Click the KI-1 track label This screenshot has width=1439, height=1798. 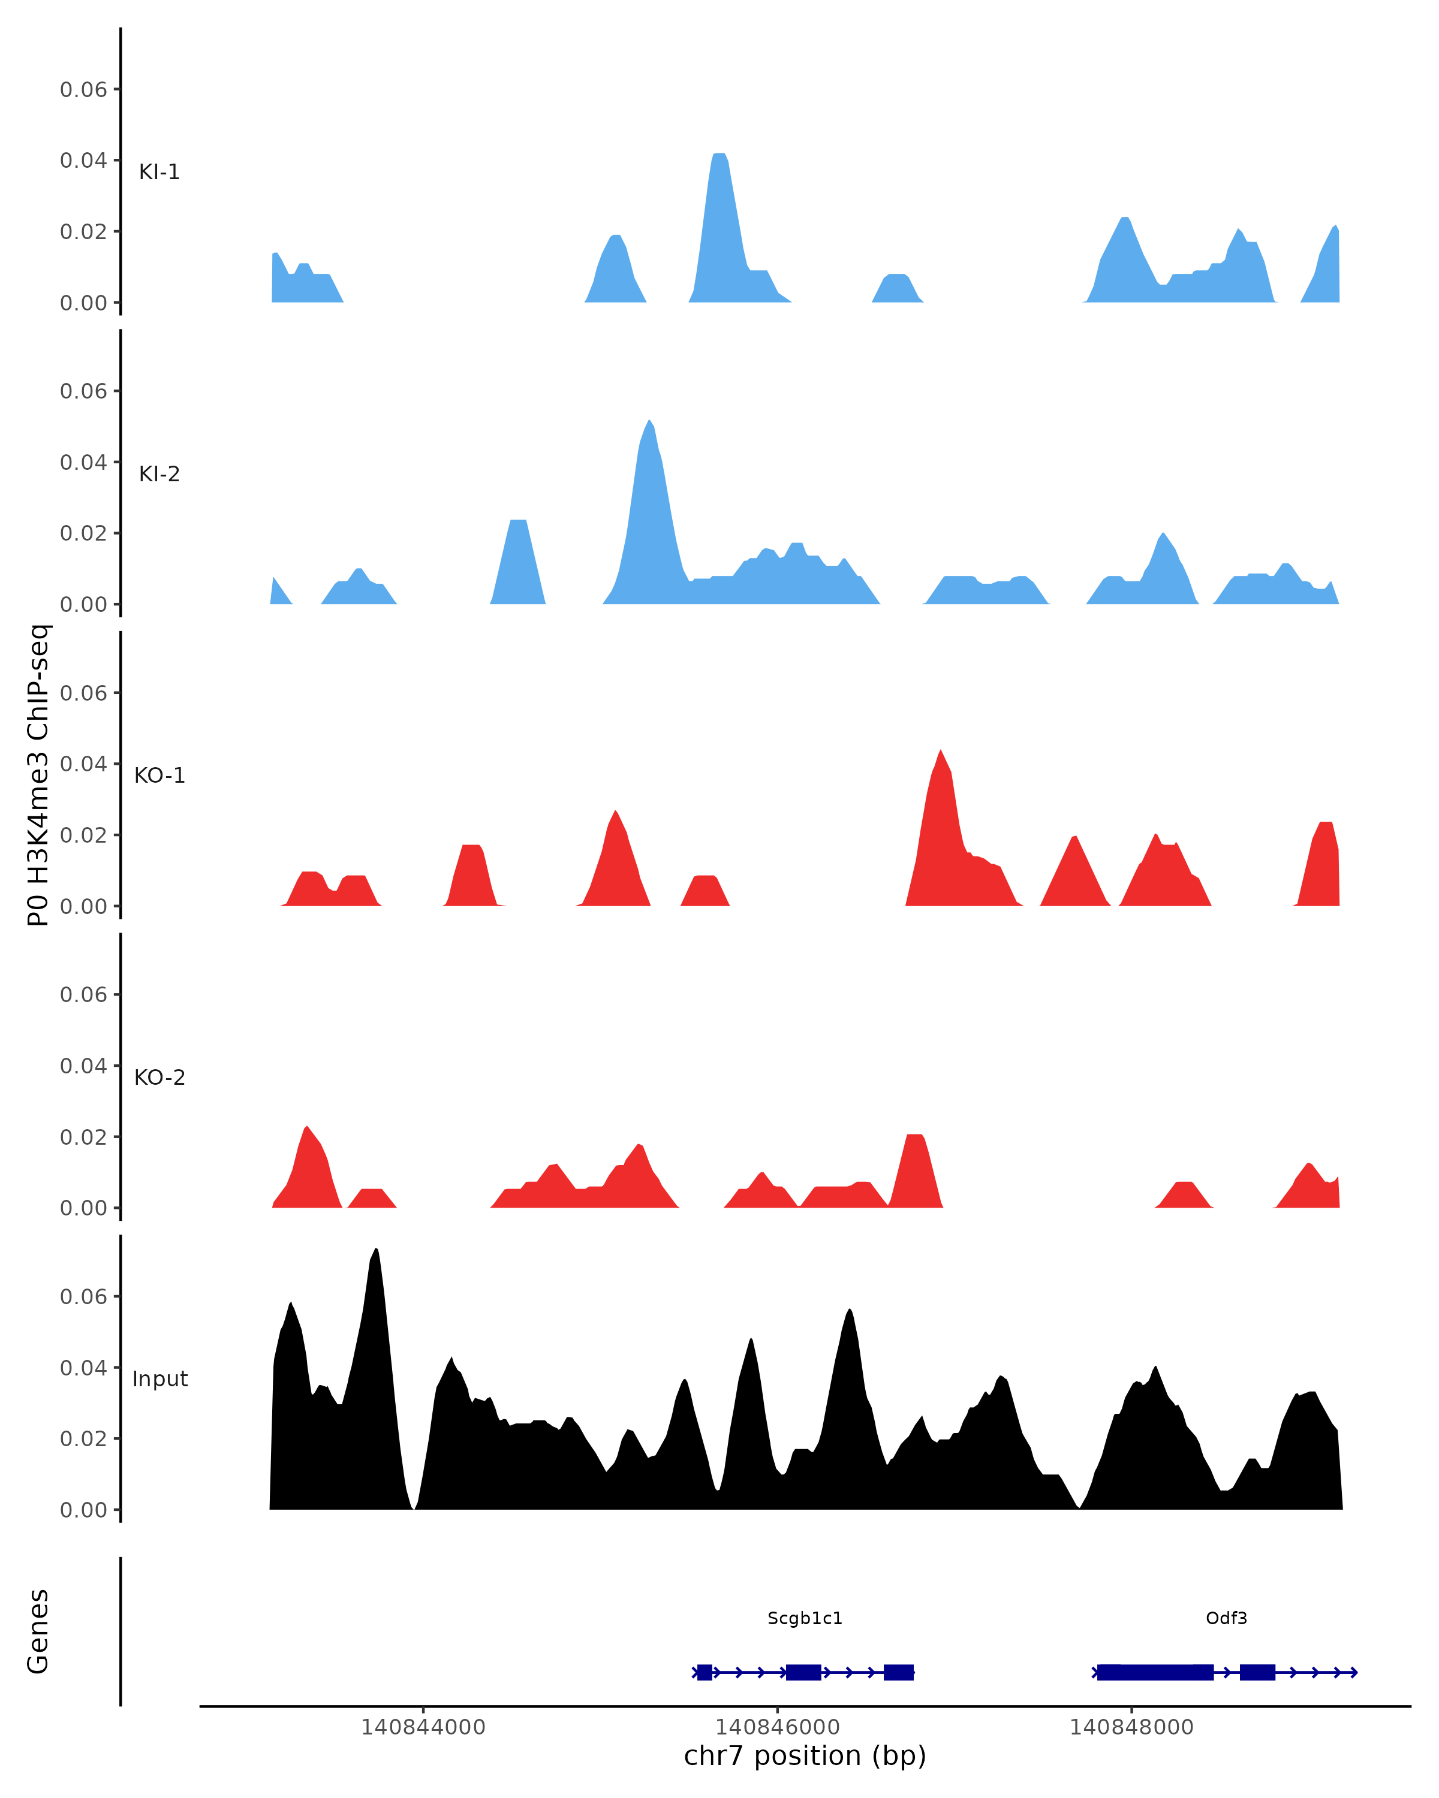tap(159, 172)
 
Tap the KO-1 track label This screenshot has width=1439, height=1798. tap(159, 776)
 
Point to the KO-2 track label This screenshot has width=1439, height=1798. tap(159, 1078)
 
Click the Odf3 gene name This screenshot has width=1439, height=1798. tap(1226, 1618)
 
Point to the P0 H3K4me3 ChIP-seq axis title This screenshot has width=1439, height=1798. tap(38, 775)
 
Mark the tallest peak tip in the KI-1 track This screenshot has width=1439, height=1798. tap(719, 155)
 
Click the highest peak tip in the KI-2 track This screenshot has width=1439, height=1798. tap(649, 421)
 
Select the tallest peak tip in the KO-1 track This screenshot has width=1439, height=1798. tap(940, 752)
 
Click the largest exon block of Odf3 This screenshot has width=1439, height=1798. tap(1155, 1672)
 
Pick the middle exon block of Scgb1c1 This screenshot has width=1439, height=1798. tap(803, 1672)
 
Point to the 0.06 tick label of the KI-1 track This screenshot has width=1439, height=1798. tap(83, 89)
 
